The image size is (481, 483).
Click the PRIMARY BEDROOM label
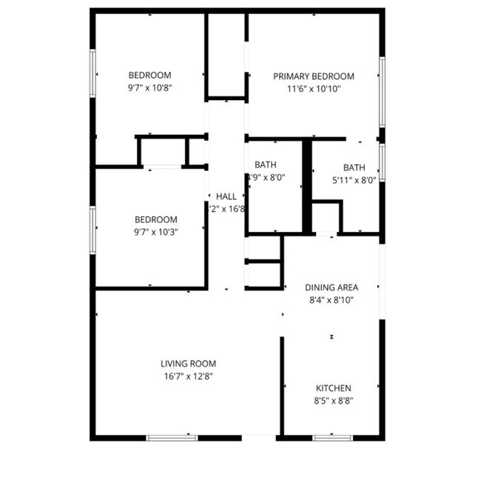click(313, 76)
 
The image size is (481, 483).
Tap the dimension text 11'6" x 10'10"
click(313, 89)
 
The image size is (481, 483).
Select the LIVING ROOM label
click(188, 364)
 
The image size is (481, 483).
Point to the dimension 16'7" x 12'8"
click(188, 376)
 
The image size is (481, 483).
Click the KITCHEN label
click(334, 388)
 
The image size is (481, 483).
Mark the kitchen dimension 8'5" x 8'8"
click(334, 401)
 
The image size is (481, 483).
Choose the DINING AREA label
click(332, 287)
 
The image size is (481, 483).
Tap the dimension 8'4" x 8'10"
click(332, 300)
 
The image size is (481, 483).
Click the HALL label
click(226, 196)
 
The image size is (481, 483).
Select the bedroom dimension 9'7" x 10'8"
click(150, 87)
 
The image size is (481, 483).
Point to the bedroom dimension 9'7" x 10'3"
click(155, 231)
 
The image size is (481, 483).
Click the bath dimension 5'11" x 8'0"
click(354, 179)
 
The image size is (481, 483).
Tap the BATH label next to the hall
click(266, 164)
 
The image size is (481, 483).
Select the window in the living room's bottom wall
click(172, 438)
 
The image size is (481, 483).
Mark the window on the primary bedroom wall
click(381, 92)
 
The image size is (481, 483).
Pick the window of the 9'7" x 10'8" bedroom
click(93, 75)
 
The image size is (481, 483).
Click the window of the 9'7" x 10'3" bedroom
click(93, 230)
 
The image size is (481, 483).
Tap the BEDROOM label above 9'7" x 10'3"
click(155, 219)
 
